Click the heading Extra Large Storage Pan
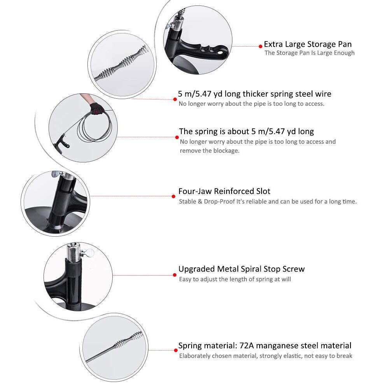(307, 44)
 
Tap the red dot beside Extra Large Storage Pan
(260, 46)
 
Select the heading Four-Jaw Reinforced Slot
(224, 191)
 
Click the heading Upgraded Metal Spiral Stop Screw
(241, 269)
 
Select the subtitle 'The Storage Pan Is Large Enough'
(309, 53)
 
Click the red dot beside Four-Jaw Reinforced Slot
(174, 196)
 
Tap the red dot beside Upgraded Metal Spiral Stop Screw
(174, 275)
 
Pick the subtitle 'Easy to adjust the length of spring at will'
(235, 279)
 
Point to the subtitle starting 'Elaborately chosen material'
(265, 356)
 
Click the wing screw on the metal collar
(89, 253)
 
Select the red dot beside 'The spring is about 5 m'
(177, 137)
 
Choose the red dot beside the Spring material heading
(174, 350)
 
